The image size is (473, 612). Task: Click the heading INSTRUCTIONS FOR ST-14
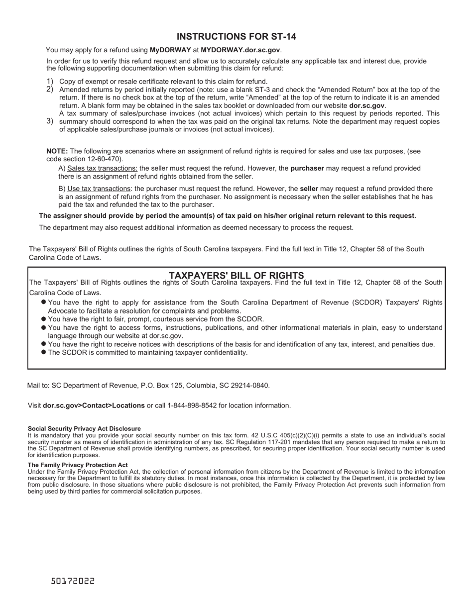pyautogui.click(x=236, y=37)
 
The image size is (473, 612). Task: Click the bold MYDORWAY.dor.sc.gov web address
pyautogui.click(x=240, y=50)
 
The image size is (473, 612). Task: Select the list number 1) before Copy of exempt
pyautogui.click(x=50, y=81)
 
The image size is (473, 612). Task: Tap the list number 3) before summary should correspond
pyautogui.click(x=50, y=121)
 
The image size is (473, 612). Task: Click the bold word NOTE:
pyautogui.click(x=57, y=151)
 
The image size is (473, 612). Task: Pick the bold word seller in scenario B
pyautogui.click(x=309, y=189)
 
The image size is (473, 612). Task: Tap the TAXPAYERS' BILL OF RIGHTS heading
pyautogui.click(x=236, y=275)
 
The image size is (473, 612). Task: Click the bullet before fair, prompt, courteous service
pyautogui.click(x=44, y=318)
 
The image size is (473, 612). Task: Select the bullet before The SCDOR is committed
pyautogui.click(x=44, y=352)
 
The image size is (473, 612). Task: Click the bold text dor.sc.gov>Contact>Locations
pyautogui.click(x=94, y=406)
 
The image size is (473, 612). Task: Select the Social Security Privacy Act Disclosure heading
pyautogui.click(x=84, y=428)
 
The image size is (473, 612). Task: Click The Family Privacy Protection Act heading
pyautogui.click(x=78, y=465)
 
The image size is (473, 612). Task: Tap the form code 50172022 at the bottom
pyautogui.click(x=73, y=581)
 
